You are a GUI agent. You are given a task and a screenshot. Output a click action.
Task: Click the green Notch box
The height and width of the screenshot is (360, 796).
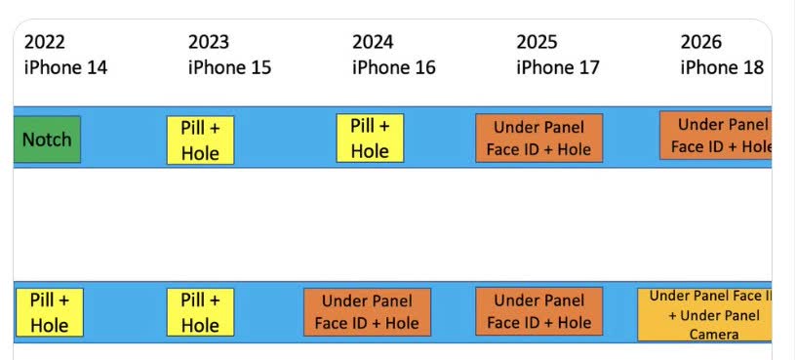tap(47, 139)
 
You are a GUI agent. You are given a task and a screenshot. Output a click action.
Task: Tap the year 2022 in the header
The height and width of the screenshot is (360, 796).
tap(45, 42)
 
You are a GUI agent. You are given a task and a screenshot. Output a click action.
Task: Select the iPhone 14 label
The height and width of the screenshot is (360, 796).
tap(65, 67)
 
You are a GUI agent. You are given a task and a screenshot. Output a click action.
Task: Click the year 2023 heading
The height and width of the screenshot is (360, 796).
tap(209, 42)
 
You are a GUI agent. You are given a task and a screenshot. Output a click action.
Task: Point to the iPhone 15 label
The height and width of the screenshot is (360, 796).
tap(229, 67)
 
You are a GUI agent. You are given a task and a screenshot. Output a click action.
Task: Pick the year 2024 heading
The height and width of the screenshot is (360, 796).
tap(373, 42)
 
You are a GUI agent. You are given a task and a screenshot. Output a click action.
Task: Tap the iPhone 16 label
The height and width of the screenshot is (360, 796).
tap(393, 67)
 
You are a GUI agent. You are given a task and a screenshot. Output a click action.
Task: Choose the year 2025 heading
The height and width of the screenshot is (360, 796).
tap(537, 42)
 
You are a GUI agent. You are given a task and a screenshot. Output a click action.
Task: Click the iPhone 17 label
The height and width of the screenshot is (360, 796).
tap(557, 67)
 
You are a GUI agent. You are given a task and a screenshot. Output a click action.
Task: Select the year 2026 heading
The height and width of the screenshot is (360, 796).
tap(700, 42)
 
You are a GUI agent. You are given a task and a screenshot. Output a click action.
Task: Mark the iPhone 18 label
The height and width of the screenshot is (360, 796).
tap(721, 67)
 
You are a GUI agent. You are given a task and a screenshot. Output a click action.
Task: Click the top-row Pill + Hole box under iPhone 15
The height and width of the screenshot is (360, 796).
tap(200, 140)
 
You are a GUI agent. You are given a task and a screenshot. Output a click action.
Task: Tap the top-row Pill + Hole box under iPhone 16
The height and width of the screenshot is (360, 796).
tap(370, 138)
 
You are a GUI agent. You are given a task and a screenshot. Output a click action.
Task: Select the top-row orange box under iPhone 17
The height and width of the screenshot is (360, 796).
tap(538, 138)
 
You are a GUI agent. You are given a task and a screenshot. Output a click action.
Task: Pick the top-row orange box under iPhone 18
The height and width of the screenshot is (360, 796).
tap(715, 136)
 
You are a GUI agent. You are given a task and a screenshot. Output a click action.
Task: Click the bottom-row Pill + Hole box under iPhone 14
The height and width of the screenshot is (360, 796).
tap(49, 312)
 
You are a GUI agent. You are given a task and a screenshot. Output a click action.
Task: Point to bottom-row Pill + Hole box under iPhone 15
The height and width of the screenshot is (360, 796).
tap(200, 312)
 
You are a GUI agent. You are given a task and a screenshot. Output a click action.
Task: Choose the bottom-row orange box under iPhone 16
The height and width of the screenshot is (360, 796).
tap(367, 312)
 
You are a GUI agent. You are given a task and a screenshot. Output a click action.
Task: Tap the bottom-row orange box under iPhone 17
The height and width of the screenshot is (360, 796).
tap(538, 312)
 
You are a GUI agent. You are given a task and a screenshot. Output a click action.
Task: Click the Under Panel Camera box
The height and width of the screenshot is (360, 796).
tap(704, 314)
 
